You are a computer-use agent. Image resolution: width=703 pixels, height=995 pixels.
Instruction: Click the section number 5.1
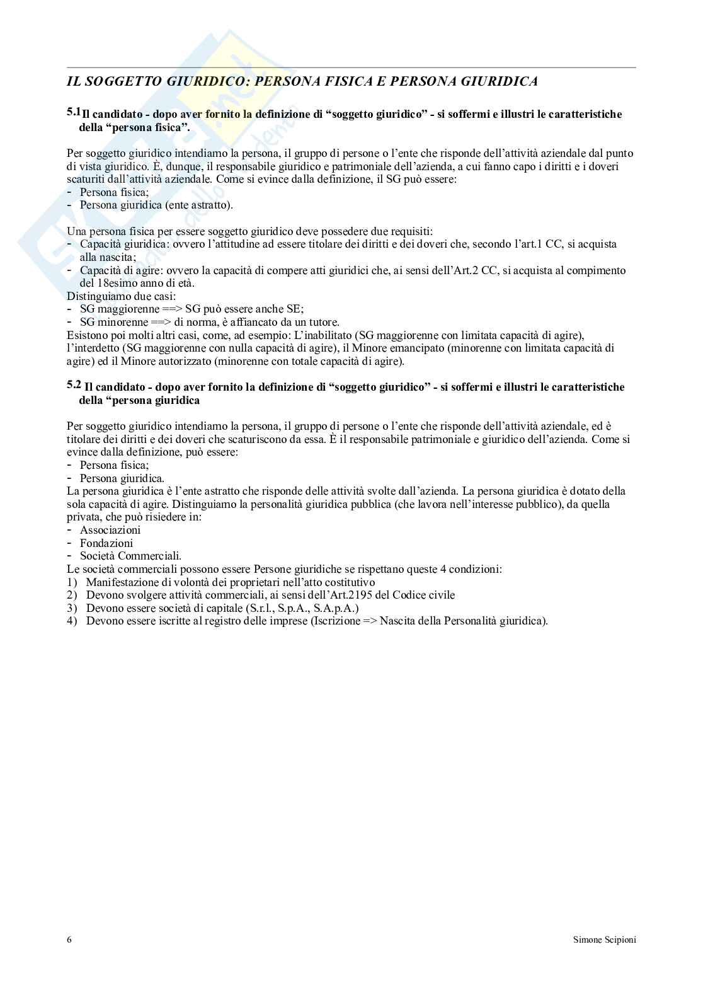(73, 112)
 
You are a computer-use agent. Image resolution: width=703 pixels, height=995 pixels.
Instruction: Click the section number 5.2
(74, 384)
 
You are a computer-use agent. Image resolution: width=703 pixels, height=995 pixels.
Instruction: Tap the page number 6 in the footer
(69, 940)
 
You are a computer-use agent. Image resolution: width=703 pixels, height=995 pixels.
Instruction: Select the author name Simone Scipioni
(604, 940)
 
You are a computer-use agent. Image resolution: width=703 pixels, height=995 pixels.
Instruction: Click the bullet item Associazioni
(110, 530)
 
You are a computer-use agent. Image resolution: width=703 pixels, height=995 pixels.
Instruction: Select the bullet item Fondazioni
(106, 543)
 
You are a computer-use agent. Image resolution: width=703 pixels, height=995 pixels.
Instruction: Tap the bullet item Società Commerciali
(130, 556)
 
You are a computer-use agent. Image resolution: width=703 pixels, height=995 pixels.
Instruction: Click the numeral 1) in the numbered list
(72, 582)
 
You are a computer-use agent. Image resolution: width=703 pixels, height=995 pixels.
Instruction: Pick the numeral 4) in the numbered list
(72, 621)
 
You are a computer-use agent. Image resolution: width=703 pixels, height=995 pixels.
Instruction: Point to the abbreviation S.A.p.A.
(336, 608)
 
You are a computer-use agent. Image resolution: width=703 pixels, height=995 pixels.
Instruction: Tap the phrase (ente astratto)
(198, 205)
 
